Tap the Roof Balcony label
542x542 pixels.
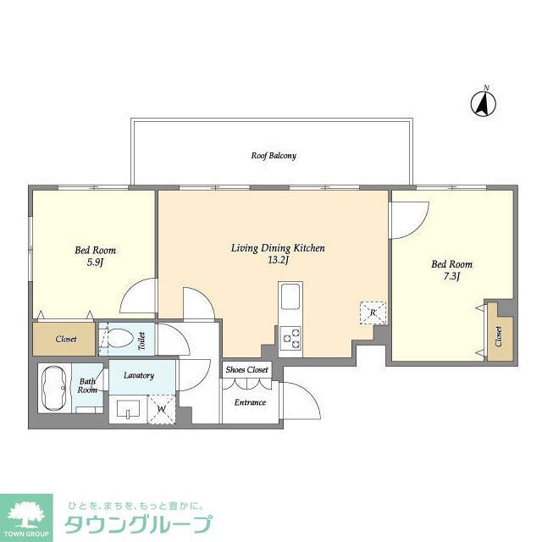click(x=273, y=156)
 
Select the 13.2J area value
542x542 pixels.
click(x=279, y=261)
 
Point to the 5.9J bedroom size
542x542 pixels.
click(x=95, y=263)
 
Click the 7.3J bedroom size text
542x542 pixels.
click(x=451, y=277)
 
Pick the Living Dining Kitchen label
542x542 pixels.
click(x=279, y=248)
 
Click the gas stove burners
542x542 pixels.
click(x=290, y=338)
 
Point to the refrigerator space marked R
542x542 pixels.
click(x=373, y=313)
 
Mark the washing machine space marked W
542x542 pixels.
click(x=163, y=410)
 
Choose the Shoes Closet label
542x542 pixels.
click(x=246, y=370)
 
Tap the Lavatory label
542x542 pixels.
click(x=138, y=374)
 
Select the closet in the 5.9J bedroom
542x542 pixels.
click(x=66, y=339)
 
